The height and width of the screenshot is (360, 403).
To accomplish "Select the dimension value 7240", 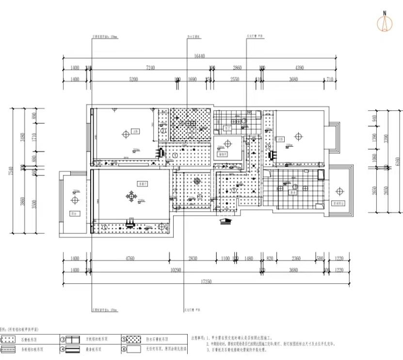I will [150, 68].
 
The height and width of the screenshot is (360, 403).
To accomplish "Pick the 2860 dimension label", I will [237, 68].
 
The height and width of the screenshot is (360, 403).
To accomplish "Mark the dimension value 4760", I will [130, 259].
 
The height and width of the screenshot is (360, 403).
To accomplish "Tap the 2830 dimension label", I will [193, 259].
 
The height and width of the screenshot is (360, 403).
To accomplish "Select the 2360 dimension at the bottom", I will [296, 259].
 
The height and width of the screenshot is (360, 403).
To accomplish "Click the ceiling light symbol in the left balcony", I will [75, 200].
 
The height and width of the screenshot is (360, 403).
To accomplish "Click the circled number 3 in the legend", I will [63, 339].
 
